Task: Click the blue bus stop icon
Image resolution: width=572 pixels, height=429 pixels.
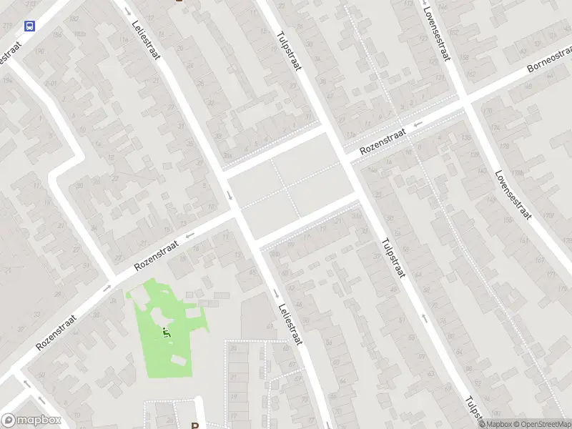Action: pos(29,26)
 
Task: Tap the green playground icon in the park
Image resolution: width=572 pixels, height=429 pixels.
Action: pos(167,332)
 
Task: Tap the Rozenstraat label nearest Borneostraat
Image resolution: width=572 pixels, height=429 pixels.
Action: pos(383,142)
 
